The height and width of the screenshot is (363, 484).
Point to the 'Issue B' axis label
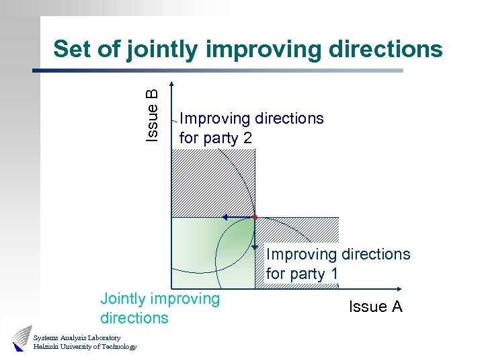pyautogui.click(x=153, y=115)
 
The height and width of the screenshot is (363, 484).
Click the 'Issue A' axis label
pyautogui.click(x=376, y=307)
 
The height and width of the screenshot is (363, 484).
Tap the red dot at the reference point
pyautogui.click(x=255, y=217)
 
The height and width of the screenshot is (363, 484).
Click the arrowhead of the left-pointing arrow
pyautogui.click(x=225, y=218)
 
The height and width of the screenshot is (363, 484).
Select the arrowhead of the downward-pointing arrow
pyautogui.click(x=255, y=247)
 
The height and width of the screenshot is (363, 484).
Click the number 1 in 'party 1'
pyautogui.click(x=333, y=274)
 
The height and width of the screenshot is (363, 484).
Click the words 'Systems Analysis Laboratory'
pyautogui.click(x=77, y=337)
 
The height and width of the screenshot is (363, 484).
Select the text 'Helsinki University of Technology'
pyautogui.click(x=85, y=347)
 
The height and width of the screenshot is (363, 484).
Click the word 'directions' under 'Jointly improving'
pyautogui.click(x=134, y=318)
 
